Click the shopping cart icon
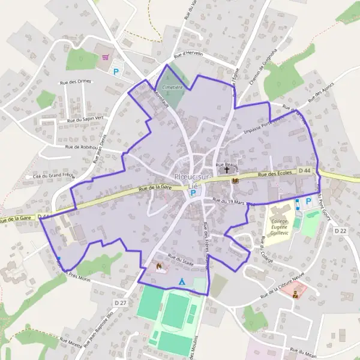(106, 58)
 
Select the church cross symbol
(227, 170)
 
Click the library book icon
(235, 181)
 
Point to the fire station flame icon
(159, 265)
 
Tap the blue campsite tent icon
(181, 281)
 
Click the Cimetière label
(172, 86)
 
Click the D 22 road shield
(340, 230)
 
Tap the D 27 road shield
(121, 302)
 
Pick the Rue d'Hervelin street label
(188, 55)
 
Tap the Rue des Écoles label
(275, 173)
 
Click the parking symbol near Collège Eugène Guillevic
(309, 201)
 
